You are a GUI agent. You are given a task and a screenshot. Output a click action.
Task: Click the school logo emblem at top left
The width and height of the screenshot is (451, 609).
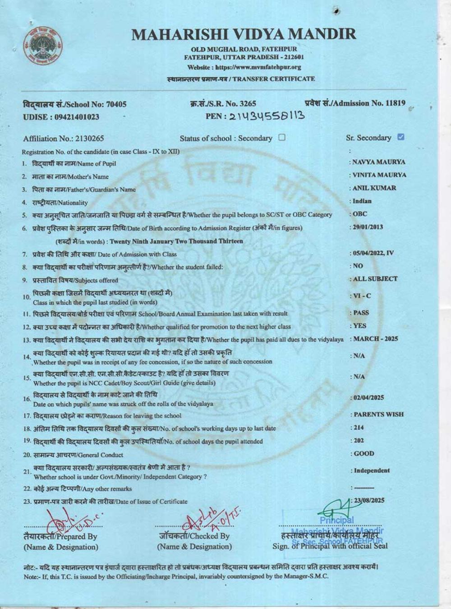click(43, 45)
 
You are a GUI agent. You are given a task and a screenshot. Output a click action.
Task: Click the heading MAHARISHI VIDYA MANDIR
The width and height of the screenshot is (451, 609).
click(244, 34)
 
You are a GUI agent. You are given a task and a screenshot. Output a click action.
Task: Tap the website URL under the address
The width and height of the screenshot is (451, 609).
click(244, 67)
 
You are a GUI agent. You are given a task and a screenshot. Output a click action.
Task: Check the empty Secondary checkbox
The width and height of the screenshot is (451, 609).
click(282, 137)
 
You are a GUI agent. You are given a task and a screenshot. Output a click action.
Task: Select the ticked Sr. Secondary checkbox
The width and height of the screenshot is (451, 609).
click(401, 137)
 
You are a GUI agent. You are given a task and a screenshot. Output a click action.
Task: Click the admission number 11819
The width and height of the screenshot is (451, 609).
click(395, 103)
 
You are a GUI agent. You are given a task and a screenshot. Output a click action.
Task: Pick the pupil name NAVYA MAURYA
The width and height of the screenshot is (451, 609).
click(379, 161)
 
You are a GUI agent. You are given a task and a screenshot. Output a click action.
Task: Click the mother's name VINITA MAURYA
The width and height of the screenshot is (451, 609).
click(379, 175)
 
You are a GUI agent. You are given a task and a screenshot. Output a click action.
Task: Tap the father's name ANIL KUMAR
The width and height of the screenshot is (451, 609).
click(374, 188)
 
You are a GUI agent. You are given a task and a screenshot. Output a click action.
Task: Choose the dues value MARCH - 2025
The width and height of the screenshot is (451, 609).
click(375, 339)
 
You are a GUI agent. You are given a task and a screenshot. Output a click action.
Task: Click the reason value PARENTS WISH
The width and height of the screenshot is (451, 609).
click(378, 414)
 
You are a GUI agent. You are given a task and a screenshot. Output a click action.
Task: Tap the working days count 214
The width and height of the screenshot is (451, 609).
click(359, 427)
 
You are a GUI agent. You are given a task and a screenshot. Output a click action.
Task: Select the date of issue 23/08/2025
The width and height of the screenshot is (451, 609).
click(369, 500)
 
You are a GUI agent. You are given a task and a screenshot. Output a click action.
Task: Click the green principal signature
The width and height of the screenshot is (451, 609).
click(334, 510)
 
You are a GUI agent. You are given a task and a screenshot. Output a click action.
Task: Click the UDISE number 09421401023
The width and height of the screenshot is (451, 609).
click(76, 117)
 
